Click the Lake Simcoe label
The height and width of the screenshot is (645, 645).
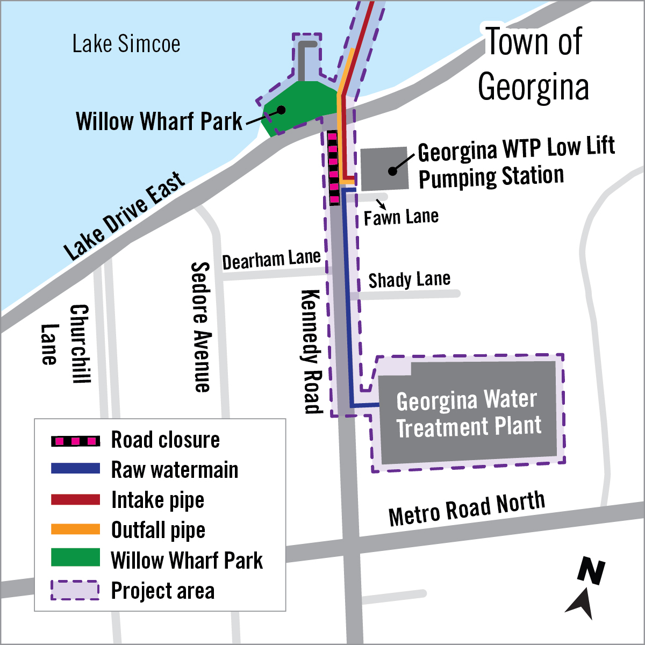[x=126, y=44]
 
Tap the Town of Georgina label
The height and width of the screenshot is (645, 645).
[x=533, y=64]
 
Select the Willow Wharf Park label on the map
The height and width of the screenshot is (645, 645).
[x=159, y=121]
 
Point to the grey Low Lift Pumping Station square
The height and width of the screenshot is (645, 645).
[x=384, y=169]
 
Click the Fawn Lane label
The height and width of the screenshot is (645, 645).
[x=401, y=217]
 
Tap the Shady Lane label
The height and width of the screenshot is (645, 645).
[x=409, y=280]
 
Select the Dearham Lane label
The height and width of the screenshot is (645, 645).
[x=271, y=260]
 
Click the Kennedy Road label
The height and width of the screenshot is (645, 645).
[x=311, y=352]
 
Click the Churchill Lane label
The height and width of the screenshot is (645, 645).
[x=64, y=344]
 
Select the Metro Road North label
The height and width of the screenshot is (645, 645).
[x=467, y=509]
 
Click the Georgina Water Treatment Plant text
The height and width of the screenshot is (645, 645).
[x=468, y=414]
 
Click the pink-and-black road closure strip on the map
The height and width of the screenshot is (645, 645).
[x=333, y=168]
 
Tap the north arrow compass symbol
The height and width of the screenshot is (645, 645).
[x=587, y=589]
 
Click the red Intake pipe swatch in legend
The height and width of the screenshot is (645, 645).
[x=75, y=500]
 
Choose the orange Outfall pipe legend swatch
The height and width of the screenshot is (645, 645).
[x=75, y=529]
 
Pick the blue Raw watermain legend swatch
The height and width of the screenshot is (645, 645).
[x=75, y=469]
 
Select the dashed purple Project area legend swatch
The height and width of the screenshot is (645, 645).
[x=75, y=590]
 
